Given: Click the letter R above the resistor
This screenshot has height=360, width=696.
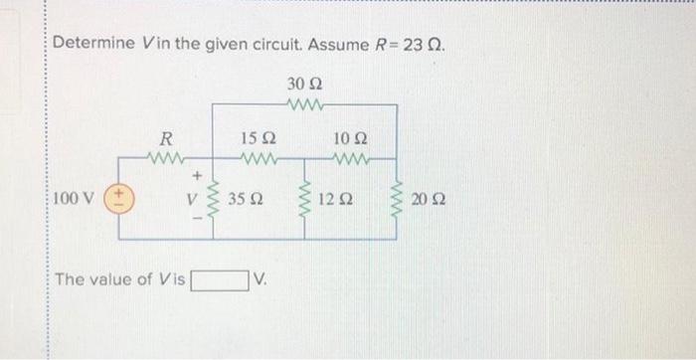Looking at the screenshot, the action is [x=167, y=138].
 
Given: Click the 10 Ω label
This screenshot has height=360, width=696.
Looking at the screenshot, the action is [x=350, y=138].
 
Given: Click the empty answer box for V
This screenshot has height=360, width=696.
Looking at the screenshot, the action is [x=220, y=279].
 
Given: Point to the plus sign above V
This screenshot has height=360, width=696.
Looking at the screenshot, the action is [x=197, y=176].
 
